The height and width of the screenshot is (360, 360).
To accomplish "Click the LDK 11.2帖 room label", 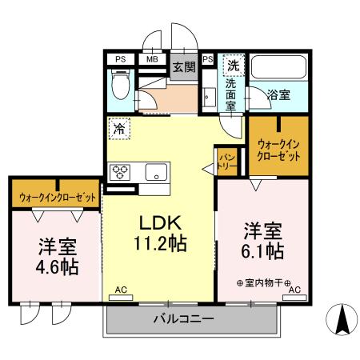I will (x=164, y=233).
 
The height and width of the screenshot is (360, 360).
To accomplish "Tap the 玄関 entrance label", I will (x=183, y=67).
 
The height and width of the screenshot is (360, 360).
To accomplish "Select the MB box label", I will (x=151, y=58).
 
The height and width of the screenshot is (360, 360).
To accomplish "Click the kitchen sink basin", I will (x=154, y=170).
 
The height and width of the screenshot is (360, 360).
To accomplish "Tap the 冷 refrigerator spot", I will (x=119, y=127).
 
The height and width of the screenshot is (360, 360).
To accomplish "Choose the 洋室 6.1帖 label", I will (x=262, y=241).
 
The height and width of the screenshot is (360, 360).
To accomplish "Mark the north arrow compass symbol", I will (x=341, y=322).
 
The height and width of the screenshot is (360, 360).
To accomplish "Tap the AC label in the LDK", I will (x=121, y=289).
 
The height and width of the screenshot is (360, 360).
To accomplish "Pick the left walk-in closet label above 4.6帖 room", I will (x=55, y=196).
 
